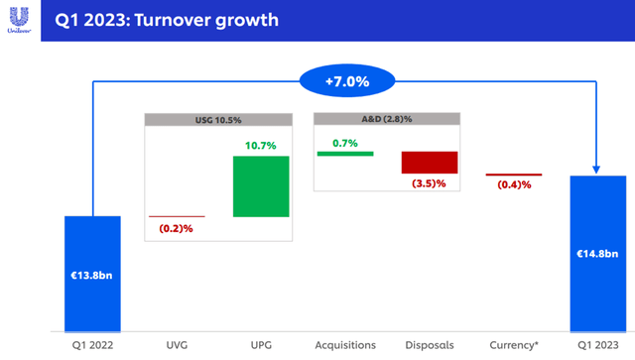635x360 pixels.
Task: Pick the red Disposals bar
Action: pos(429,163)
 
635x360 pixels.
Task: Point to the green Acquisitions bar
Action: pos(344,154)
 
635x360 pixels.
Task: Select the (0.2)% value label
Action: pos(176,229)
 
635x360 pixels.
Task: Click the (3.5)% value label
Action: pos(429,183)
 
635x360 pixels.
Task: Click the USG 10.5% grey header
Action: pos(219,120)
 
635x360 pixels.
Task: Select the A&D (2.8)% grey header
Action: pos(387,120)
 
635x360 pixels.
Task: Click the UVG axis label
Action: pos(177,345)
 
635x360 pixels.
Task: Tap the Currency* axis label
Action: pos(513,345)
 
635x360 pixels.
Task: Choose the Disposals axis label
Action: pos(429,345)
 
